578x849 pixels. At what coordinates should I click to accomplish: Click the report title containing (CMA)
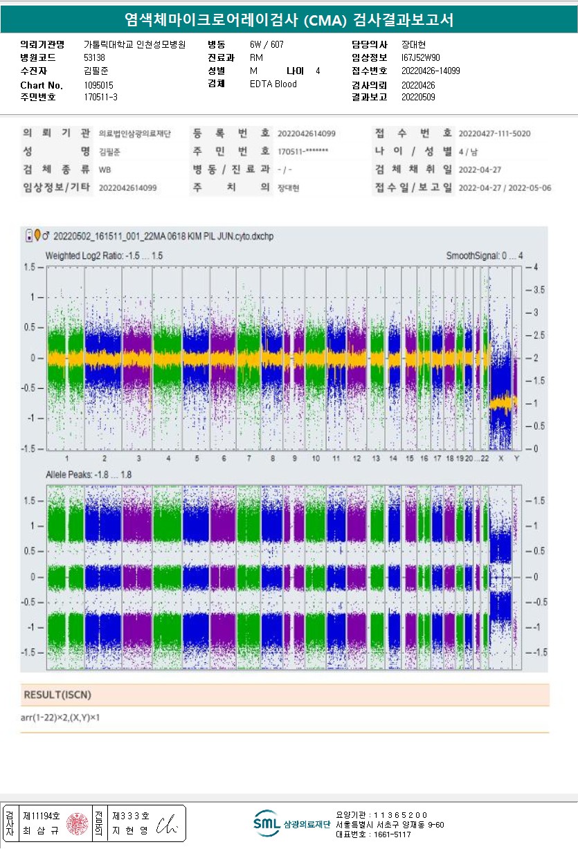tap(289, 20)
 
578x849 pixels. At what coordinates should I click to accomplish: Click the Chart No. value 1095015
tap(98, 84)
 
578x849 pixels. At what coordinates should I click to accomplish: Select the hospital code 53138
tap(94, 57)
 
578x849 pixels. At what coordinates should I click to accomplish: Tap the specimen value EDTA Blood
tap(273, 84)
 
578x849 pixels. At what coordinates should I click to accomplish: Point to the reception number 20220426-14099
tap(431, 71)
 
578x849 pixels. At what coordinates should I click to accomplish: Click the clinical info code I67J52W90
tap(420, 57)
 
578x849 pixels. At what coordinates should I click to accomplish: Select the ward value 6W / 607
tap(267, 44)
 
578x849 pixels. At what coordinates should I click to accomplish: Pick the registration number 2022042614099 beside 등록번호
tap(307, 133)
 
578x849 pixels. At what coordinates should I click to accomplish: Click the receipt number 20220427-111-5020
tap(495, 133)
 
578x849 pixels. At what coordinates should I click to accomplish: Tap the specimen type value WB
tap(105, 169)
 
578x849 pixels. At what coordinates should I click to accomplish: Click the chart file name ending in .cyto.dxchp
tap(163, 237)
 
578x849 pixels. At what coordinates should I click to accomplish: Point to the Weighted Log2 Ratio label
tap(104, 255)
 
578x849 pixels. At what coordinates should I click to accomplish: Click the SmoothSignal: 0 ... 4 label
tap(484, 255)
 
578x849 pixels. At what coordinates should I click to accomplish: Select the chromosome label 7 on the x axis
tap(249, 459)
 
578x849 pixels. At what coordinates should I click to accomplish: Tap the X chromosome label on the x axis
tap(500, 459)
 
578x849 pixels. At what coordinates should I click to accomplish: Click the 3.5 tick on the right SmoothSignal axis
tap(536, 289)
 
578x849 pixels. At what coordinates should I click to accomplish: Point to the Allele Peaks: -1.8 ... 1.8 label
tap(89, 475)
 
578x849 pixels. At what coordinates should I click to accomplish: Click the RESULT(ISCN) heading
tap(57, 695)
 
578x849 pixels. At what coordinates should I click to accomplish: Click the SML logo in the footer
tap(266, 823)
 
